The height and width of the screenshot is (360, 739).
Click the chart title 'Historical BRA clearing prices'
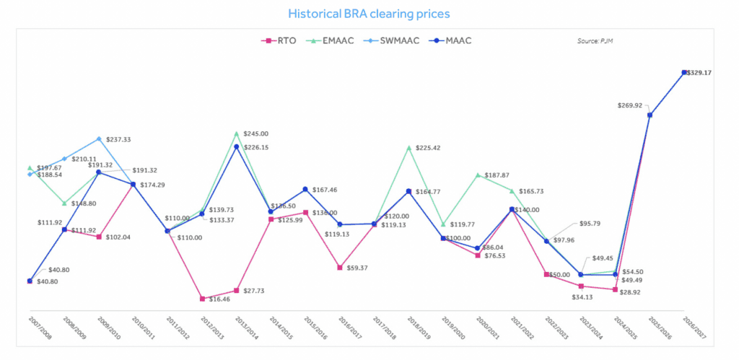pos(369,14)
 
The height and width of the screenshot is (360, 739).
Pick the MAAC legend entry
pos(448,40)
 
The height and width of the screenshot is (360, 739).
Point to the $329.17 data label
pos(699,73)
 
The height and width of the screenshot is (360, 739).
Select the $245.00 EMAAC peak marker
pos(236,133)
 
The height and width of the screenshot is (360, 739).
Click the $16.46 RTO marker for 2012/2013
pos(201,298)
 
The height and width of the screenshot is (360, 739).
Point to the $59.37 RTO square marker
pos(340,268)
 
